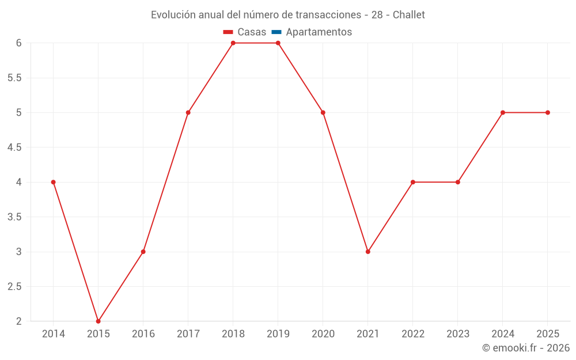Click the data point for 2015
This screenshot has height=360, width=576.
[98, 321]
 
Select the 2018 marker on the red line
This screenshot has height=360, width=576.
[233, 43]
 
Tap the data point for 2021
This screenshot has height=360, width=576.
[368, 252]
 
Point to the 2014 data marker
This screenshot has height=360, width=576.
[53, 182]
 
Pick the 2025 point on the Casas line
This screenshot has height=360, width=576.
[548, 112]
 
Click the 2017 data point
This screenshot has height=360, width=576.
[188, 112]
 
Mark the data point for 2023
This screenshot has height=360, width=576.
[458, 182]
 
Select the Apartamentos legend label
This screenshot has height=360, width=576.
[319, 32]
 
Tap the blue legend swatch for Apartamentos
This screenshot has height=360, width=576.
[276, 32]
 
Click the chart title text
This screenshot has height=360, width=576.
[287, 15]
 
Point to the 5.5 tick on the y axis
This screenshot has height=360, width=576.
[14, 78]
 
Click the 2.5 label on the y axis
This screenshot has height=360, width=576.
[14, 287]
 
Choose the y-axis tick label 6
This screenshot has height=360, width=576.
[18, 43]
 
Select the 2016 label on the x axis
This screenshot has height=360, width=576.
[143, 334]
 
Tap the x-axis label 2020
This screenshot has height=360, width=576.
[323, 334]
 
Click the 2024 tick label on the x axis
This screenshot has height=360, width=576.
[503, 334]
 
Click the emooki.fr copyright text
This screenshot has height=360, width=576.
[525, 348]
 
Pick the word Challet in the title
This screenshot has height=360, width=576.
[408, 15]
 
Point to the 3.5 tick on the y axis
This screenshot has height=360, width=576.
[14, 217]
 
